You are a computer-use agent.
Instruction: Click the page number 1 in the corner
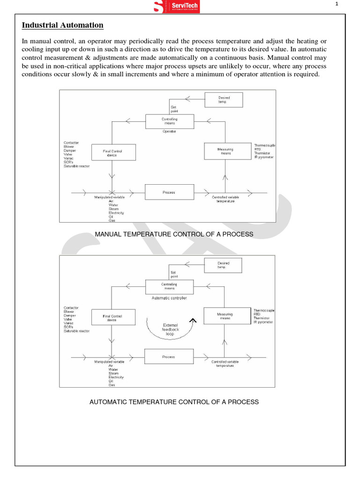tap(337, 5)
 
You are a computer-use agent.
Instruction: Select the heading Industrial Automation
tap(63, 25)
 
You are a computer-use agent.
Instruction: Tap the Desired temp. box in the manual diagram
tap(224, 99)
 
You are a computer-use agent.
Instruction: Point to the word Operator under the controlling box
tap(169, 132)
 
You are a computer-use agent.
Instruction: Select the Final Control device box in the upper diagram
tap(112, 153)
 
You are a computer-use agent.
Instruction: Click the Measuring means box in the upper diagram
tap(225, 151)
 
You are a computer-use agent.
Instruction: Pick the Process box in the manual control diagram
tap(169, 192)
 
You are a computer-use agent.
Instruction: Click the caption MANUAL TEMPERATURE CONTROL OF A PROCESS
tap(174, 234)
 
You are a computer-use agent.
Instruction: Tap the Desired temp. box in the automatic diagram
tap(224, 265)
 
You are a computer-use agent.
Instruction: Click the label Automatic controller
tap(169, 298)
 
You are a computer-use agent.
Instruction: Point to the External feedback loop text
tap(171, 330)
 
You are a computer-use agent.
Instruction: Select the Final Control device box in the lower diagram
tap(112, 318)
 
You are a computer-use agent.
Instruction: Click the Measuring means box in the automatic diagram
tap(225, 316)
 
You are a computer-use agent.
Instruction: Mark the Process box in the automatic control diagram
tap(168, 357)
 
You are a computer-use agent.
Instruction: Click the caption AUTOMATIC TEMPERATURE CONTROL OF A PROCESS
tap(174, 402)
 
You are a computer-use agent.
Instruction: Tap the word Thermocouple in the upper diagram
tap(265, 145)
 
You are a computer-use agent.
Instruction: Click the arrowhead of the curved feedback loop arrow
tap(192, 320)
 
